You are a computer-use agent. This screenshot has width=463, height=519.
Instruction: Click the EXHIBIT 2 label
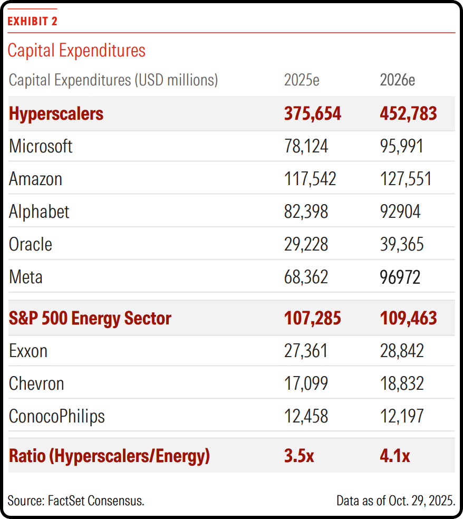33,21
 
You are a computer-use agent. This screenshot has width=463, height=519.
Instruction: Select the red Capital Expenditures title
76,51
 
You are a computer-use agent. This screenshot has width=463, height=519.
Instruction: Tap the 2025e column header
302,80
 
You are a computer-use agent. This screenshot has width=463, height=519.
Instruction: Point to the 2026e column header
397,80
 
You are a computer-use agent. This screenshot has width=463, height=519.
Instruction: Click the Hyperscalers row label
56,114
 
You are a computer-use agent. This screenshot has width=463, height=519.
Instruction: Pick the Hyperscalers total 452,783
408,113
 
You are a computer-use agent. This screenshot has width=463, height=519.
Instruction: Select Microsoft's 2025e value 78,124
306,146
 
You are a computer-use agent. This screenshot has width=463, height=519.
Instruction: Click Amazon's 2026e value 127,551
406,179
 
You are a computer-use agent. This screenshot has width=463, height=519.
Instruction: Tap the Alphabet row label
39,212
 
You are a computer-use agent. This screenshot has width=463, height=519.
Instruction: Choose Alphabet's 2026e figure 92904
400,212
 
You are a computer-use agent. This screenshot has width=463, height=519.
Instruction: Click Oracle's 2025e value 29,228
306,244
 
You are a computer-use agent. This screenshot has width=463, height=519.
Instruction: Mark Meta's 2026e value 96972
400,277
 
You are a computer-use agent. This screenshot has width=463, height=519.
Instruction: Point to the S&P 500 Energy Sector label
90,319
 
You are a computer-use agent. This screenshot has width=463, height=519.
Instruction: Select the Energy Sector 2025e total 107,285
312,318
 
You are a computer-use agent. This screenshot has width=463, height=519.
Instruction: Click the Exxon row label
28,351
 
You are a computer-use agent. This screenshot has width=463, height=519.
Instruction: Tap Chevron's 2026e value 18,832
402,383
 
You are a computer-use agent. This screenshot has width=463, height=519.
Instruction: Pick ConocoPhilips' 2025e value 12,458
306,416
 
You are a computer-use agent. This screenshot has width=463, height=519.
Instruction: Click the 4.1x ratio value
395,456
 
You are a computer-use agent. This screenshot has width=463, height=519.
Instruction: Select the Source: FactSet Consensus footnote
76,501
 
